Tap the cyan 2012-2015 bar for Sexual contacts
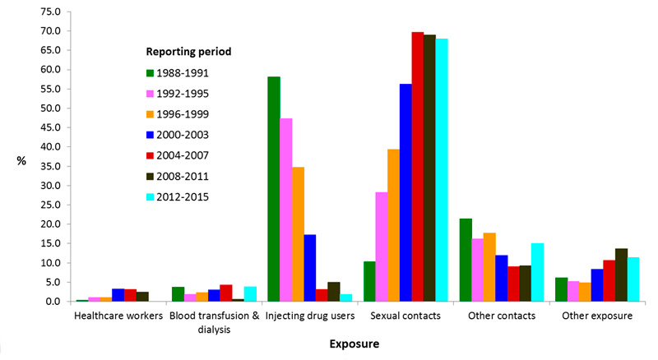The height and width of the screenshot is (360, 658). point(442,170)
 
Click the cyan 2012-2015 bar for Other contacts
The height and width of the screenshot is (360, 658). point(538,272)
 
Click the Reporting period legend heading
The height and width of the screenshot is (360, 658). point(183,51)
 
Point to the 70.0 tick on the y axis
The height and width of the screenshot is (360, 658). point(50,31)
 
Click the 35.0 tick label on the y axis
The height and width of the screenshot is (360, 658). point(50,166)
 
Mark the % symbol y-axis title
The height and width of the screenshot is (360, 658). point(21,161)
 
